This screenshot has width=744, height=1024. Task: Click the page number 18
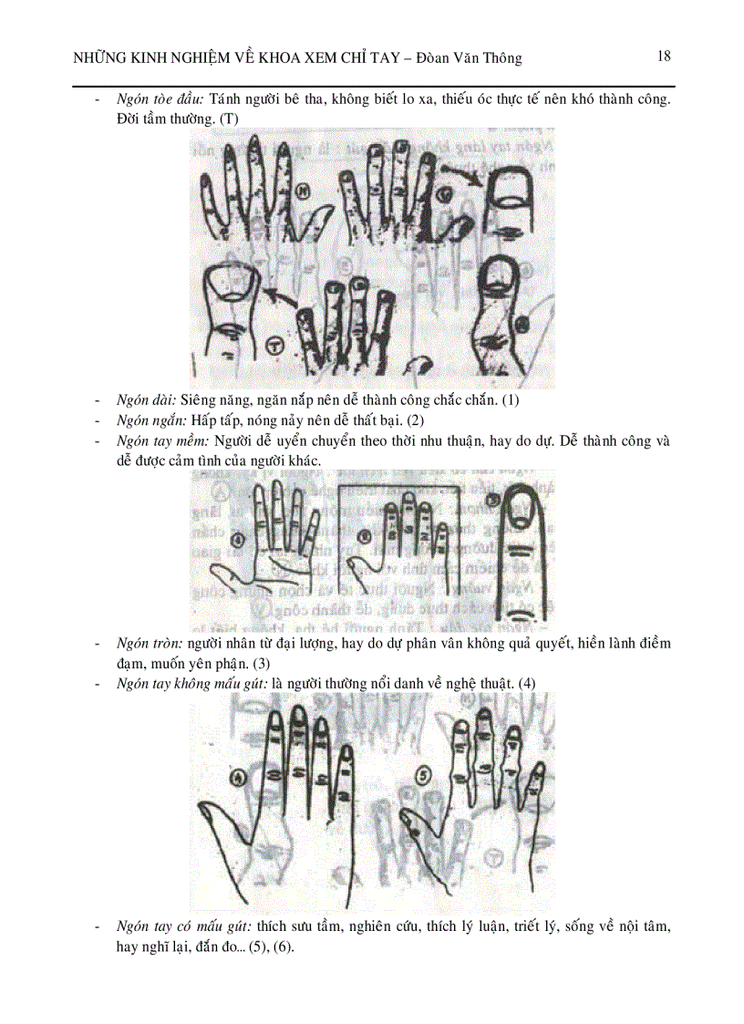(x=664, y=56)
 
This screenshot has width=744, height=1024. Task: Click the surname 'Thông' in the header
(x=501, y=58)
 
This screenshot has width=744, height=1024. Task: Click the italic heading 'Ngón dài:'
(x=147, y=400)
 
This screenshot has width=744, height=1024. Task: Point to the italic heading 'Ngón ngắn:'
(x=151, y=420)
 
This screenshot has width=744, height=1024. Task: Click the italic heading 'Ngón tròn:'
(x=150, y=644)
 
